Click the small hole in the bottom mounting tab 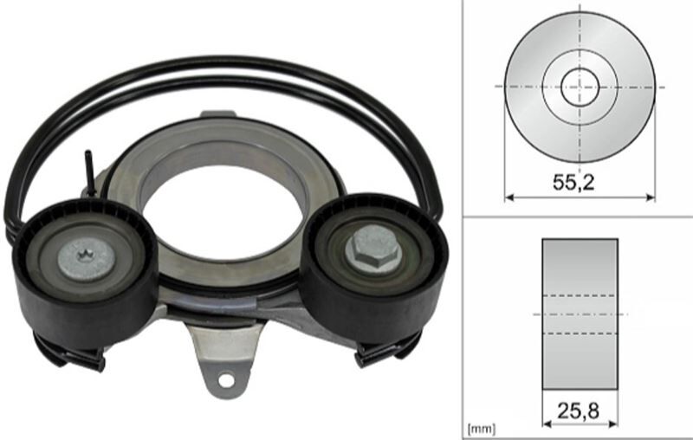[x=225, y=380]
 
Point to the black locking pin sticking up [x=90, y=173]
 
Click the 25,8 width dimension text [x=578, y=411]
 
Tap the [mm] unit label [x=482, y=429]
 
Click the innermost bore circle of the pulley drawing [x=580, y=87]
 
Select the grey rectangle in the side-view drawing [x=580, y=314]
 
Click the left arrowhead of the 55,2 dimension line [x=509, y=197]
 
